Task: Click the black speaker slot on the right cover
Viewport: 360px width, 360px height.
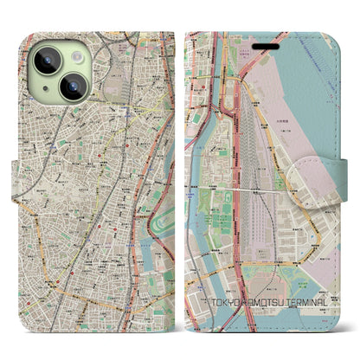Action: pyautogui.click(x=266, y=45)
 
